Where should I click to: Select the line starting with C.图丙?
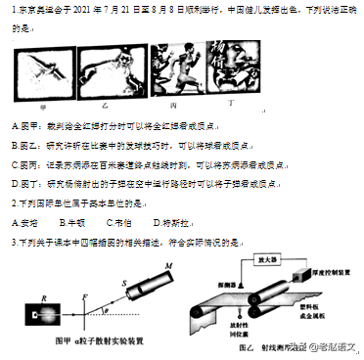pos(147,163)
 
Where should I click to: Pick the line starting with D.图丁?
pos(147,182)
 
